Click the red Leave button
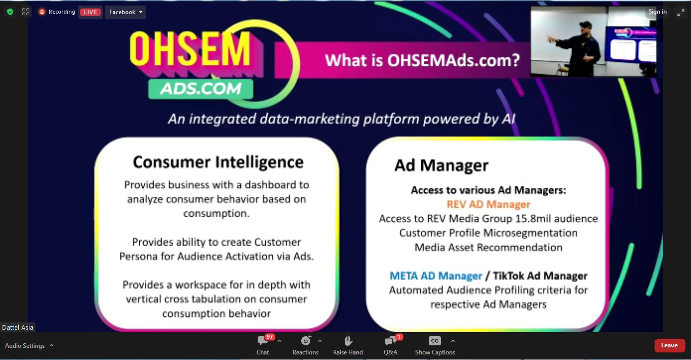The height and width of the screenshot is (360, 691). pyautogui.click(x=670, y=345)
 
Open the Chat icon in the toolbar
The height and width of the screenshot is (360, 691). pyautogui.click(x=263, y=341)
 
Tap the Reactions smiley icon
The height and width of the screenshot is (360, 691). pyautogui.click(x=305, y=341)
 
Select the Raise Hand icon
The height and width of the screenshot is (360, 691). pyautogui.click(x=348, y=341)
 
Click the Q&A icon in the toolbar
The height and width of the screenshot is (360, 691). pyautogui.click(x=390, y=341)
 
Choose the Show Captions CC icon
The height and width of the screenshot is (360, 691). pyautogui.click(x=435, y=341)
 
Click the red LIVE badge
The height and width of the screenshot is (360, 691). pyautogui.click(x=90, y=12)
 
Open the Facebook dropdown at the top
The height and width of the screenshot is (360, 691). pyautogui.click(x=125, y=12)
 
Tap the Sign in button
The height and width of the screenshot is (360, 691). pyautogui.click(x=658, y=12)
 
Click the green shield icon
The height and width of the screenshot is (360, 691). pyautogui.click(x=10, y=12)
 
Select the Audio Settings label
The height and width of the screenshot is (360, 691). pyautogui.click(x=25, y=346)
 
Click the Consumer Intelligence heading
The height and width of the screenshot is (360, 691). pyautogui.click(x=218, y=162)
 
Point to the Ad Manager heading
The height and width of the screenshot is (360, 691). pyautogui.click(x=441, y=166)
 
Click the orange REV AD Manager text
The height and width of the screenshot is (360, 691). pyautogui.click(x=489, y=204)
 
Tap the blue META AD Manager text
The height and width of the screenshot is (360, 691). pyautogui.click(x=435, y=276)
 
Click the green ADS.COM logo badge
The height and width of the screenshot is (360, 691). pyautogui.click(x=201, y=89)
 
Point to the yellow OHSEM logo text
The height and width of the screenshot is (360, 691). pyautogui.click(x=190, y=49)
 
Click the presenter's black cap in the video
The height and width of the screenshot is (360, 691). pyautogui.click(x=586, y=25)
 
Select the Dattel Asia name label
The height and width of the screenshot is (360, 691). pyautogui.click(x=18, y=327)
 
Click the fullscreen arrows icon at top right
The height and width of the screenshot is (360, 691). pyautogui.click(x=681, y=13)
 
